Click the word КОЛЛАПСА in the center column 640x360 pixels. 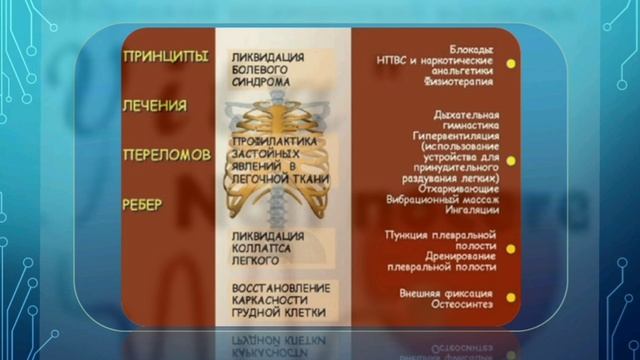(262, 251)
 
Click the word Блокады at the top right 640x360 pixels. (472, 50)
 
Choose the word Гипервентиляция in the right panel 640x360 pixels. (453, 133)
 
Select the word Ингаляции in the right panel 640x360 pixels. (470, 211)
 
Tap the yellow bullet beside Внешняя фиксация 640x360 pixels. (511, 298)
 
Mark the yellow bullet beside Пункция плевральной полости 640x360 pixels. (511, 247)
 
